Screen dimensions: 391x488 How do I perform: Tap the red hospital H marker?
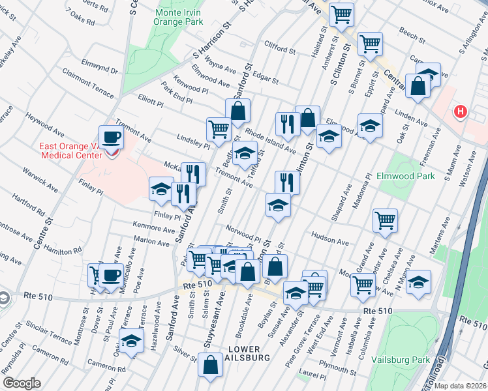pos(461,112)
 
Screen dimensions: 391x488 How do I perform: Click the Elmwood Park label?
pos(405,176)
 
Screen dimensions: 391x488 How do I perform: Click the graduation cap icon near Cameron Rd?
pos(131,340)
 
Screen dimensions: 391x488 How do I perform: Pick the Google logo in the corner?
pos(22,383)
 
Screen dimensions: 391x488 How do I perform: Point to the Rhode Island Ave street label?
pos(271,141)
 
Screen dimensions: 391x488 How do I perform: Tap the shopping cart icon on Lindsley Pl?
pos(219,128)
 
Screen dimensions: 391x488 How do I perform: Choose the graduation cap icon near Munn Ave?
pos(419,281)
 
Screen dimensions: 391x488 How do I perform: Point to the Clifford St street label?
pos(281,45)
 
